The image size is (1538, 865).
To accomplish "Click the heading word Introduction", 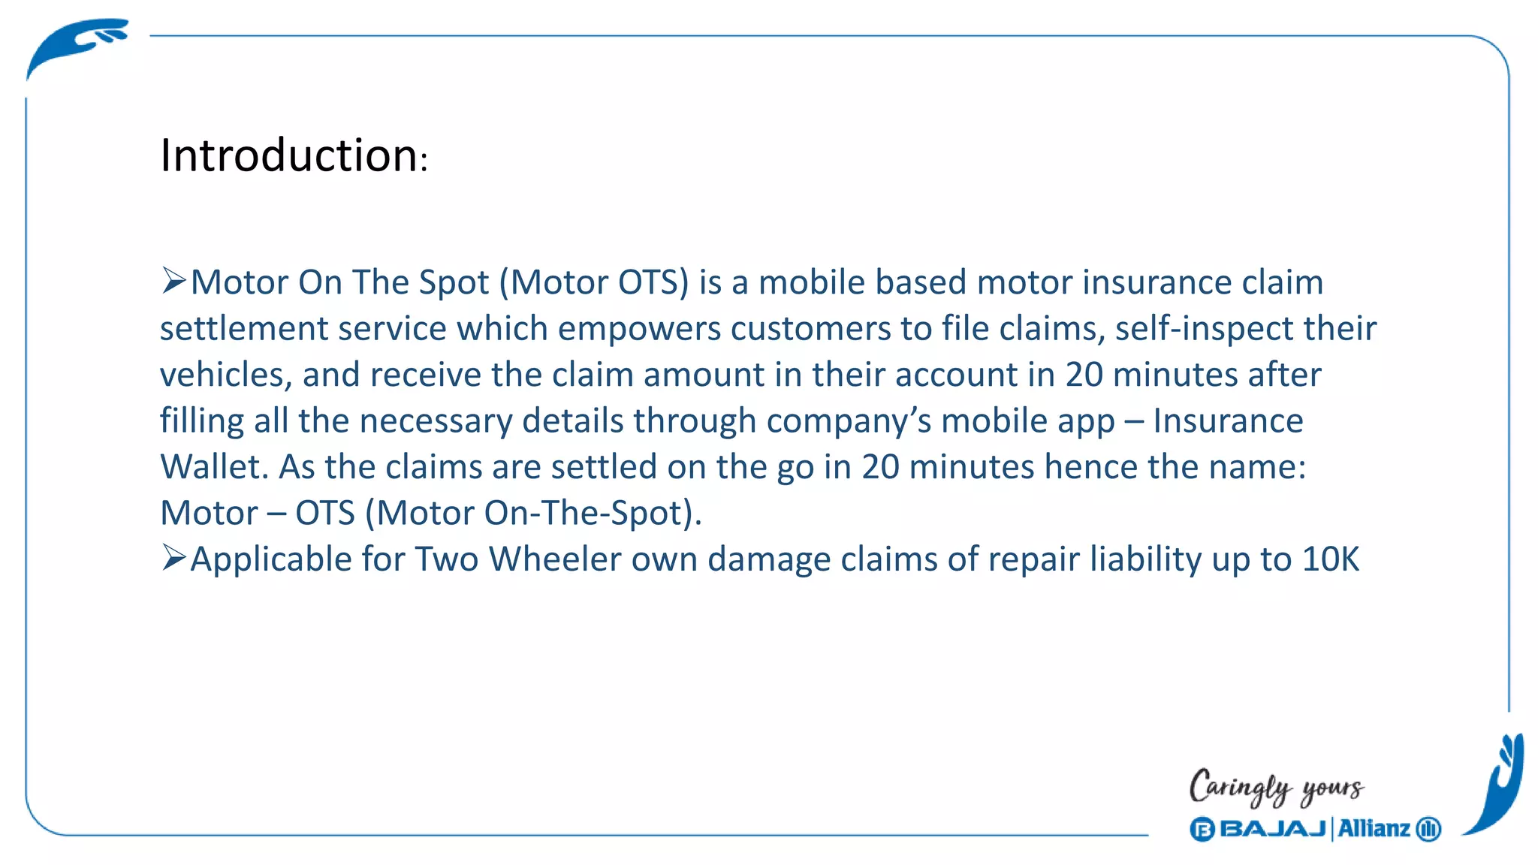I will tap(289, 155).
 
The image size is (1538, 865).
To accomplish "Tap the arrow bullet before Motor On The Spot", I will tap(173, 282).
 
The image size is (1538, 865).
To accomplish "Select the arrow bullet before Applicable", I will tap(173, 559).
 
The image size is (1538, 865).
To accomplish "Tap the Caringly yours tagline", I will tap(1276, 787).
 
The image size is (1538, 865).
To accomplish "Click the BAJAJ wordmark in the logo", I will tap(1272, 829).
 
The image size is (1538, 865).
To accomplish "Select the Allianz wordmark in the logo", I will tap(1374, 829).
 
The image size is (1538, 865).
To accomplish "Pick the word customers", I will tap(810, 329).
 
